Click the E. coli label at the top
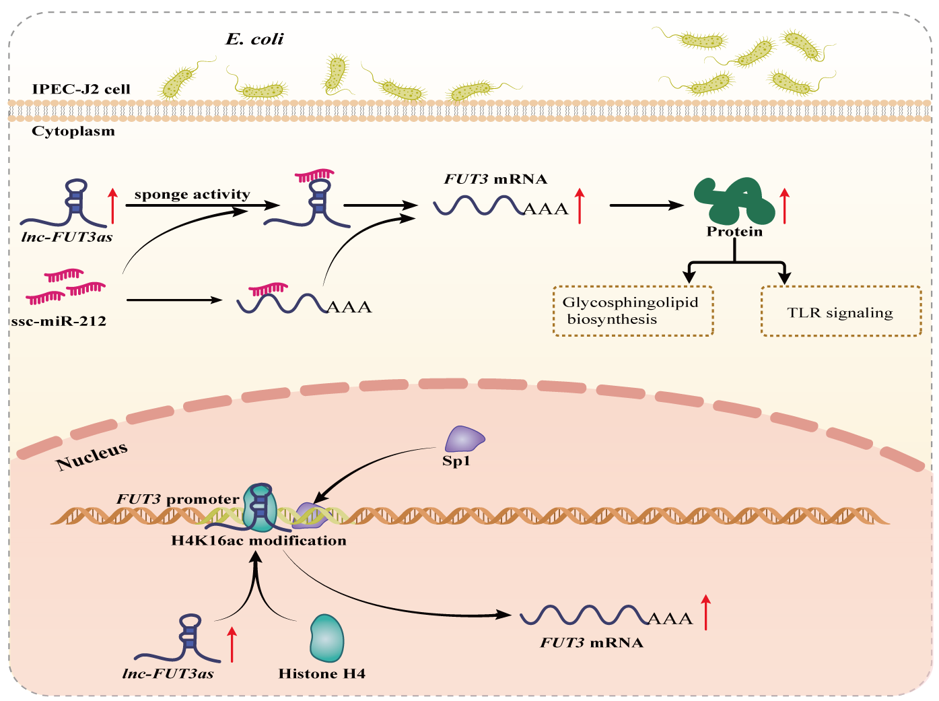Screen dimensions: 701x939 (x=254, y=39)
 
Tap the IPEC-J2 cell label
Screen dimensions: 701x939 (x=81, y=89)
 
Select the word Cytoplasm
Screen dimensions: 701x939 (x=73, y=131)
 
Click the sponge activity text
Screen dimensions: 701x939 (x=192, y=195)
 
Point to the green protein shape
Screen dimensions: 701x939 (x=734, y=201)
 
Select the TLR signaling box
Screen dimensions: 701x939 (x=841, y=312)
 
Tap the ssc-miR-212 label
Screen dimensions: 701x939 (x=59, y=321)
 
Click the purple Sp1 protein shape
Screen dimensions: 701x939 (x=464, y=439)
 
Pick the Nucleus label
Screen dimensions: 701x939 (x=92, y=457)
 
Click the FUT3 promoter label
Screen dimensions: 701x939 (x=178, y=499)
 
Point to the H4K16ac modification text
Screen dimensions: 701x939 (x=259, y=540)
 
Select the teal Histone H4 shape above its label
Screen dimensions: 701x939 (x=326, y=637)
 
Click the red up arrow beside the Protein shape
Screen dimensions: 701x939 (x=784, y=206)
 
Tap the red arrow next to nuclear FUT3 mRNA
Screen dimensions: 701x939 (x=705, y=612)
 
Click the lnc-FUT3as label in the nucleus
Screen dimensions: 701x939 (x=168, y=673)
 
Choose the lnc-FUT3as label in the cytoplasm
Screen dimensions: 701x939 (x=67, y=236)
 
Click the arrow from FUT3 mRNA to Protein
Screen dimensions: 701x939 (x=646, y=205)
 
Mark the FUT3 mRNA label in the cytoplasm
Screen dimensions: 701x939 (x=495, y=179)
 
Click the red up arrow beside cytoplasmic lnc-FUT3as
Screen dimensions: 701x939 (x=113, y=206)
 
